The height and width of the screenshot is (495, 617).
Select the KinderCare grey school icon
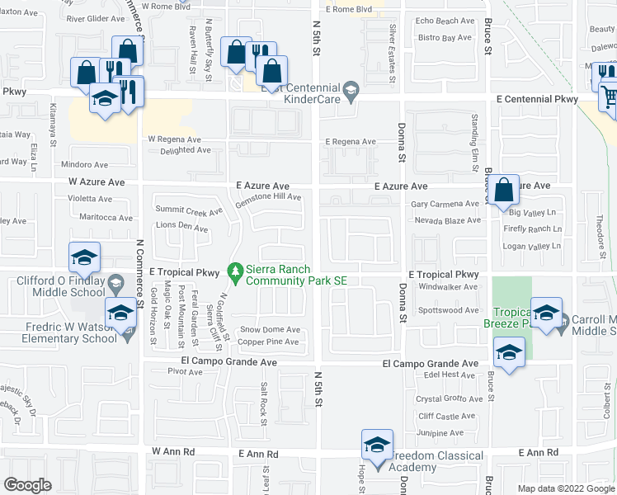click(x=351, y=89)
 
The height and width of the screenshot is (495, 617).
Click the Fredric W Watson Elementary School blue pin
click(x=120, y=314)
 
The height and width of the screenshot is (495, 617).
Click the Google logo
click(x=27, y=485)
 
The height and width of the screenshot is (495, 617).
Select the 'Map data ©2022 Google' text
click(x=564, y=488)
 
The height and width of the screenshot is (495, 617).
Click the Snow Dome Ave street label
click(x=269, y=329)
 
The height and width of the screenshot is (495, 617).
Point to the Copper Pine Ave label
click(x=269, y=342)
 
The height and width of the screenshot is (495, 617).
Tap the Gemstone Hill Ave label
click(x=268, y=197)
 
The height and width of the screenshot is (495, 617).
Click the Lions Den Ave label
click(x=181, y=227)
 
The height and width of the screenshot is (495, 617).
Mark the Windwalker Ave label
click(x=448, y=287)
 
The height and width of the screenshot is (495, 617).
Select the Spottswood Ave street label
click(x=448, y=310)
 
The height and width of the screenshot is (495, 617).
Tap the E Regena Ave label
click(x=351, y=142)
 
